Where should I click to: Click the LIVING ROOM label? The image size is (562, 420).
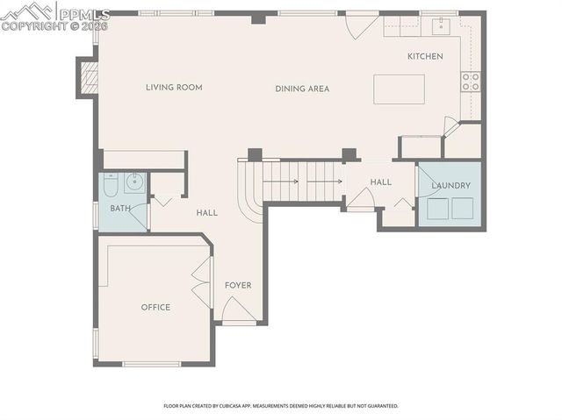174,88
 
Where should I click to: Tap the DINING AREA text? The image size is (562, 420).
302,89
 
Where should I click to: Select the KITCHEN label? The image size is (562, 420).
425,57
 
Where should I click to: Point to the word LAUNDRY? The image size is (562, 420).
450,186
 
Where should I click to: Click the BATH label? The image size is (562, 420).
120,209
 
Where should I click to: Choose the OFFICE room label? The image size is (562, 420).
155,307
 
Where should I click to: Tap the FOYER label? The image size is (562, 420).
238,286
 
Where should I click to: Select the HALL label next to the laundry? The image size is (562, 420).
380,182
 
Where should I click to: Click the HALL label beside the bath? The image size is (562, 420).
207,213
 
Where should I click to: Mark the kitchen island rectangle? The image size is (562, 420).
399,89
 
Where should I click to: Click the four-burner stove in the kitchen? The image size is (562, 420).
471,82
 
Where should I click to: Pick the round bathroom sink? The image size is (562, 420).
134,183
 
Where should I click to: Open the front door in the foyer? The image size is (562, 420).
237,310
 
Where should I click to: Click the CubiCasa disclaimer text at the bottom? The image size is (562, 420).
281,406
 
